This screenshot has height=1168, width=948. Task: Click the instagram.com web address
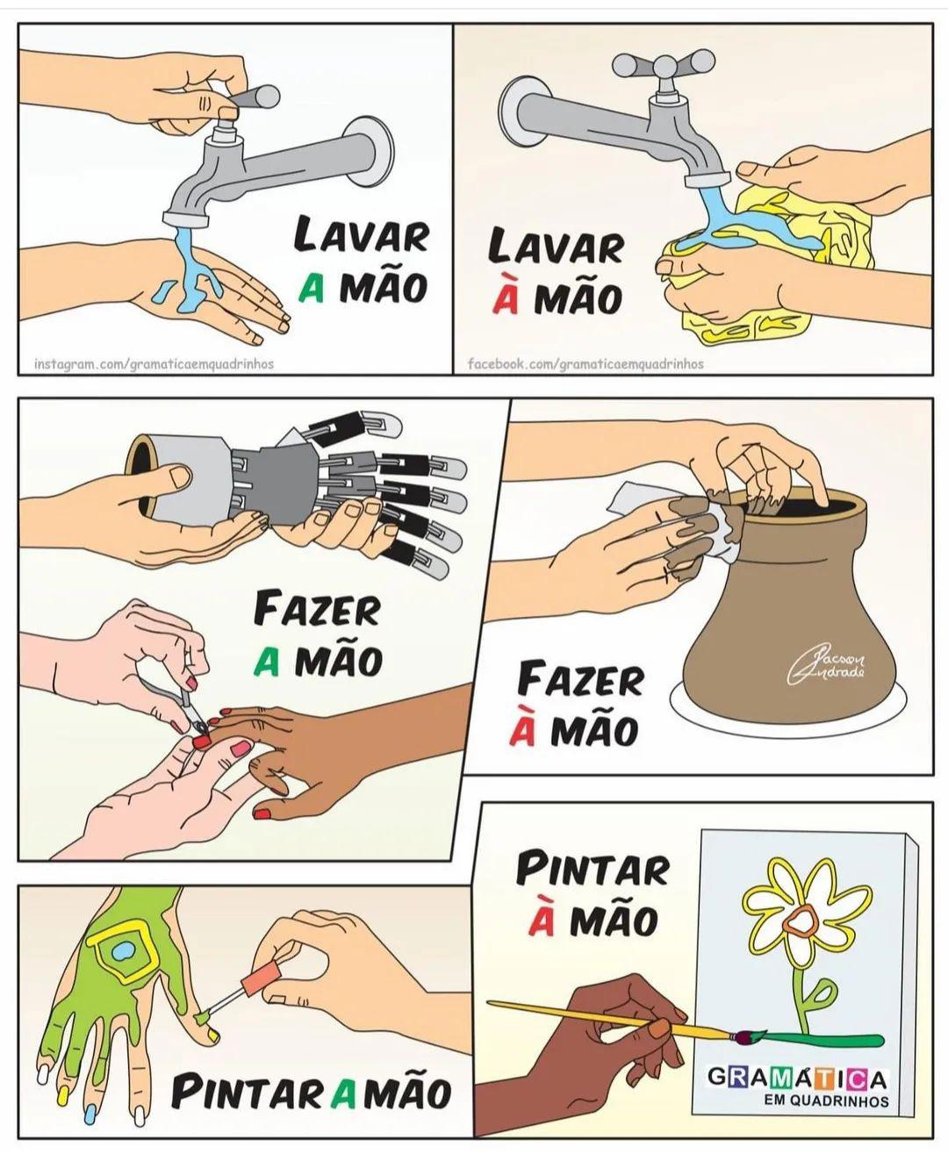click(x=154, y=363)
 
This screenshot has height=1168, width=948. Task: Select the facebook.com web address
click(x=585, y=363)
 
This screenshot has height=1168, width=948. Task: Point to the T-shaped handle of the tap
click(x=664, y=65)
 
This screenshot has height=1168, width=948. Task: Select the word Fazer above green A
click(x=318, y=611)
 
